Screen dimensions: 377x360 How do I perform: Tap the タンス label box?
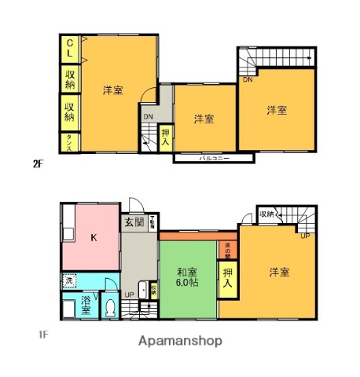click(70, 142)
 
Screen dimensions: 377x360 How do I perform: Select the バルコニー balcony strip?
click(213, 159)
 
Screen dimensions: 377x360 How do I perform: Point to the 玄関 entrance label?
click(134, 222)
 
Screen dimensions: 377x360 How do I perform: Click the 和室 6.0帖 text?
click(187, 278)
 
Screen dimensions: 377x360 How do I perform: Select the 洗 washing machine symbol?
click(69, 281)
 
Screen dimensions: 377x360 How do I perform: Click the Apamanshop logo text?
click(180, 341)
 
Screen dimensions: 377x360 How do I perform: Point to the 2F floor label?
click(38, 164)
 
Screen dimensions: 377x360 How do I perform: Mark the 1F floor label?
click(43, 335)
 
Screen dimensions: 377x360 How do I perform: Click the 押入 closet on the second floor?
click(166, 138)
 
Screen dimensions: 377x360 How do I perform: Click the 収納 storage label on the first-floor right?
click(267, 214)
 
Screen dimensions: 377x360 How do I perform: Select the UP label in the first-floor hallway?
click(129, 296)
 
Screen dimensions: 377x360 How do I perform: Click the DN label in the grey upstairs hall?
click(148, 119)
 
